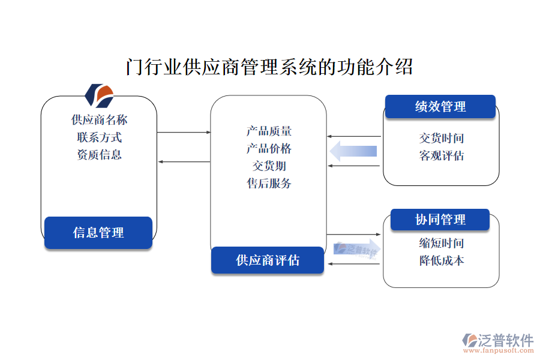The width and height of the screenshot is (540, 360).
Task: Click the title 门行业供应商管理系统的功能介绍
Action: (x=269, y=67)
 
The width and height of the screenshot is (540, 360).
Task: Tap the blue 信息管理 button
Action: (x=98, y=232)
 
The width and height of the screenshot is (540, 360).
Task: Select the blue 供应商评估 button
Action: (x=268, y=260)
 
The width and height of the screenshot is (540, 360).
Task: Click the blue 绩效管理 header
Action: (x=440, y=107)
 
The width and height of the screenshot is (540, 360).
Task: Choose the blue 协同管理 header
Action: (x=440, y=220)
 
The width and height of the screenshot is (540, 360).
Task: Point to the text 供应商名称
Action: (x=99, y=120)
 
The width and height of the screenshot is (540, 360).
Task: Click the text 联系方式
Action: (x=99, y=137)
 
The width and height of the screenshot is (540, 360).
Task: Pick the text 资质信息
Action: (x=99, y=155)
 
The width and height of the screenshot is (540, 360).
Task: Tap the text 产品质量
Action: (x=269, y=131)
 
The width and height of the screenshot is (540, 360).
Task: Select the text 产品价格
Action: (x=269, y=149)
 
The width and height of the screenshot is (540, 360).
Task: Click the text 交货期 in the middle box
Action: (x=269, y=166)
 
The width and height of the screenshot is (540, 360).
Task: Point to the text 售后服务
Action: (x=269, y=184)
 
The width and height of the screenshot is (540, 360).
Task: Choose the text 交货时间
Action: (x=441, y=139)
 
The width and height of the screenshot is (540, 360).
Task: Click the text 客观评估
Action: (x=441, y=156)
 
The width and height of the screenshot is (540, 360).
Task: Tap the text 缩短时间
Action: (x=441, y=243)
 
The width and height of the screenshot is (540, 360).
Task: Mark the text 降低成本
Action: (x=441, y=260)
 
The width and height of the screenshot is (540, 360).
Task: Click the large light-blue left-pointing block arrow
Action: (x=353, y=151)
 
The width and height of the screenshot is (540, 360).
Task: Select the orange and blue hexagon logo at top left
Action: (x=99, y=94)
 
